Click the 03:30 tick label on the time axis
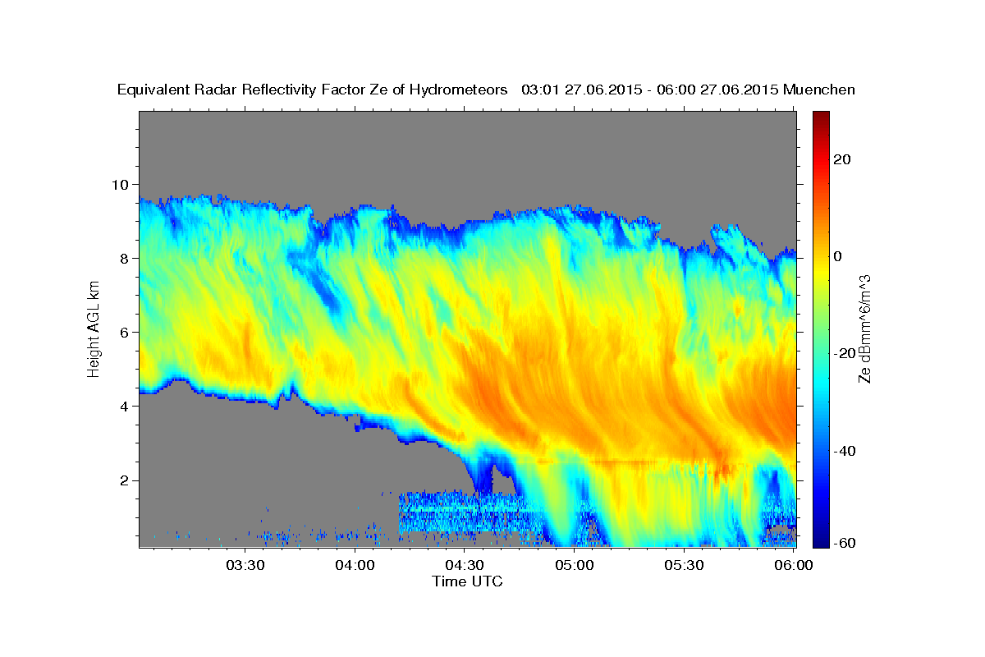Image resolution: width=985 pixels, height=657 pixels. pyautogui.click(x=245, y=565)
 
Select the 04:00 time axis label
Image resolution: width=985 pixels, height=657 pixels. pyautogui.click(x=355, y=565)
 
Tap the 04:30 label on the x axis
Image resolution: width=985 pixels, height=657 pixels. pyautogui.click(x=465, y=565)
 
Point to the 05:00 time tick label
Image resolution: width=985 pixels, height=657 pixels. pyautogui.click(x=575, y=565)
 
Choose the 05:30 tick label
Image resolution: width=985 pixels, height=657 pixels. pyautogui.click(x=685, y=565)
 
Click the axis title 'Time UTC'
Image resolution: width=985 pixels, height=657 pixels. pyautogui.click(x=467, y=581)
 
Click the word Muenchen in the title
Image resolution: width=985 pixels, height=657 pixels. pyautogui.click(x=819, y=90)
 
